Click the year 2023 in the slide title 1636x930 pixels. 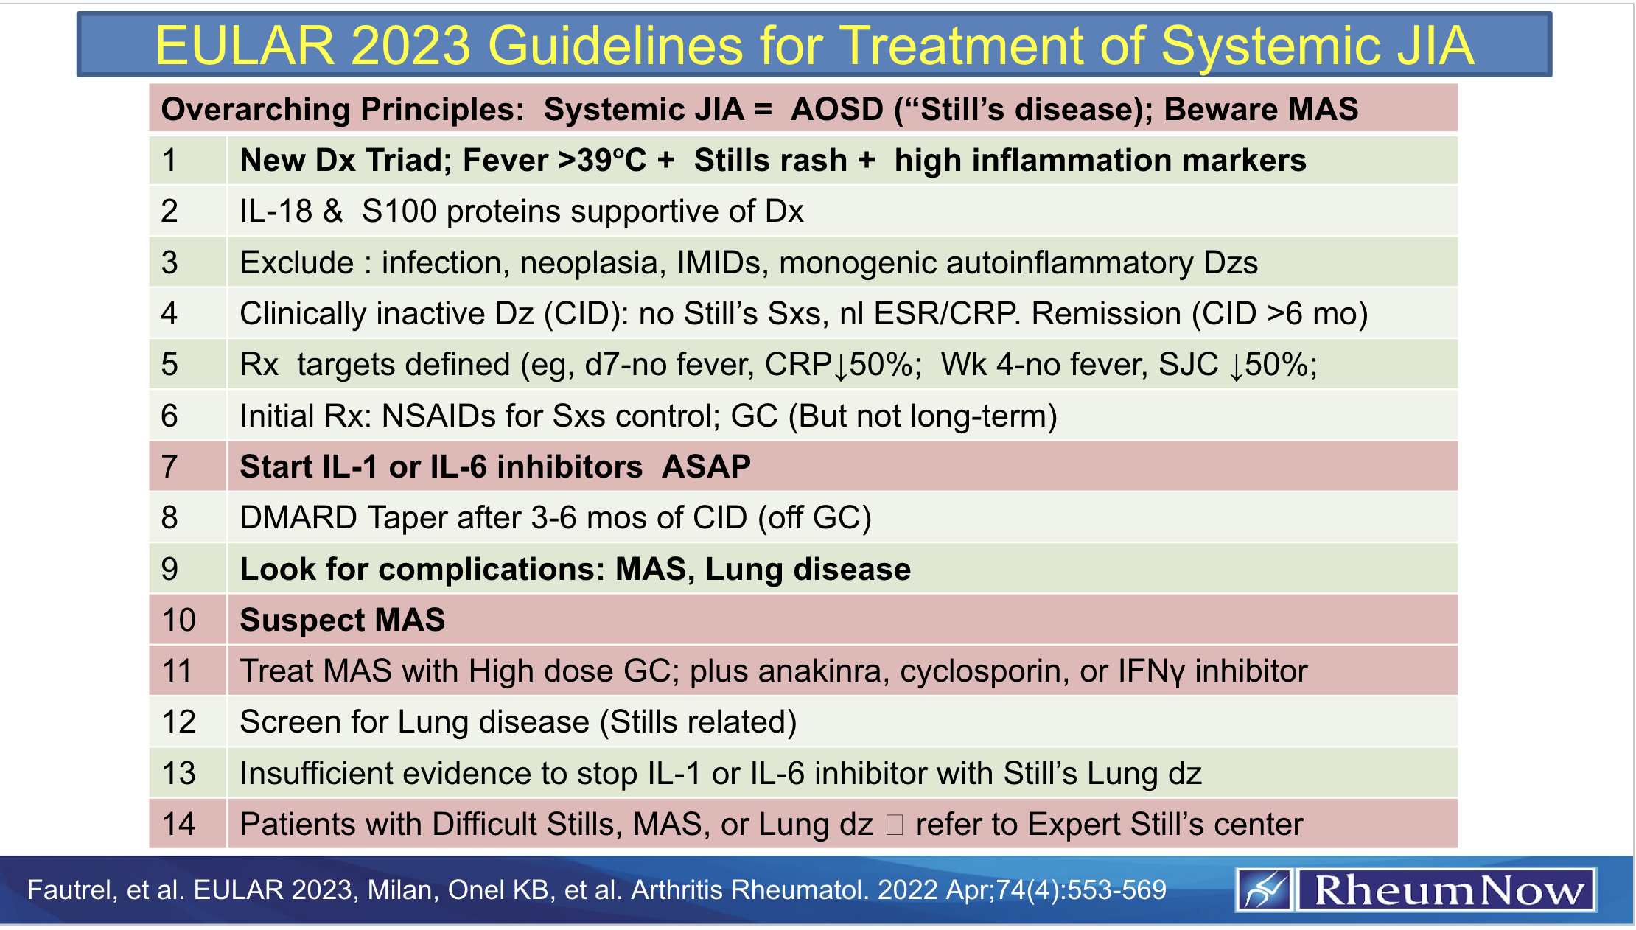(x=410, y=46)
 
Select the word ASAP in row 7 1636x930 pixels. (x=706, y=466)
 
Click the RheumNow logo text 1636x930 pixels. (x=1447, y=890)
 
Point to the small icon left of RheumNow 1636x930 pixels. (x=1265, y=890)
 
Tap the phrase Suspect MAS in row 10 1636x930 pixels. (x=343, y=620)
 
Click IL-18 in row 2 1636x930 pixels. (x=276, y=211)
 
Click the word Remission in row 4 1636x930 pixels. (x=1106, y=314)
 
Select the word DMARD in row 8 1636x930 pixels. (x=298, y=518)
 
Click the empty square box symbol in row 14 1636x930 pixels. (x=895, y=825)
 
